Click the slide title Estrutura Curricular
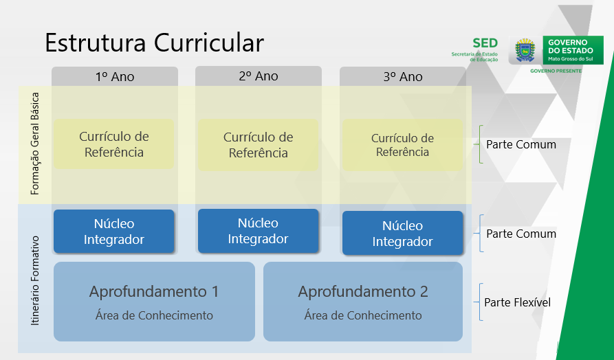click(154, 43)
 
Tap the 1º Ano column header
click(115, 76)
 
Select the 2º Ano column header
click(259, 76)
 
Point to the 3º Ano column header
click(402, 76)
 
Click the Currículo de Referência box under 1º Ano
click(114, 144)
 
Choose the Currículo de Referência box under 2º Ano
click(258, 145)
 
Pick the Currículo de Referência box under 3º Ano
click(402, 145)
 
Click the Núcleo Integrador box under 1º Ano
click(114, 232)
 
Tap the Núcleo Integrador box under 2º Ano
click(258, 231)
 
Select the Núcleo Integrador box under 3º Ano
click(402, 233)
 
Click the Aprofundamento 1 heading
click(154, 292)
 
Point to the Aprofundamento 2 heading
click(363, 292)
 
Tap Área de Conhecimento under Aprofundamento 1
click(154, 315)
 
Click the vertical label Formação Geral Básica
click(35, 144)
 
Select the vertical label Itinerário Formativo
click(35, 280)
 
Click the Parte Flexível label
click(517, 302)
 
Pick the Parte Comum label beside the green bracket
click(521, 144)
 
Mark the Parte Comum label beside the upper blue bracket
click(521, 234)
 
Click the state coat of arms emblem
click(525, 50)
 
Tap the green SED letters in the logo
click(485, 43)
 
